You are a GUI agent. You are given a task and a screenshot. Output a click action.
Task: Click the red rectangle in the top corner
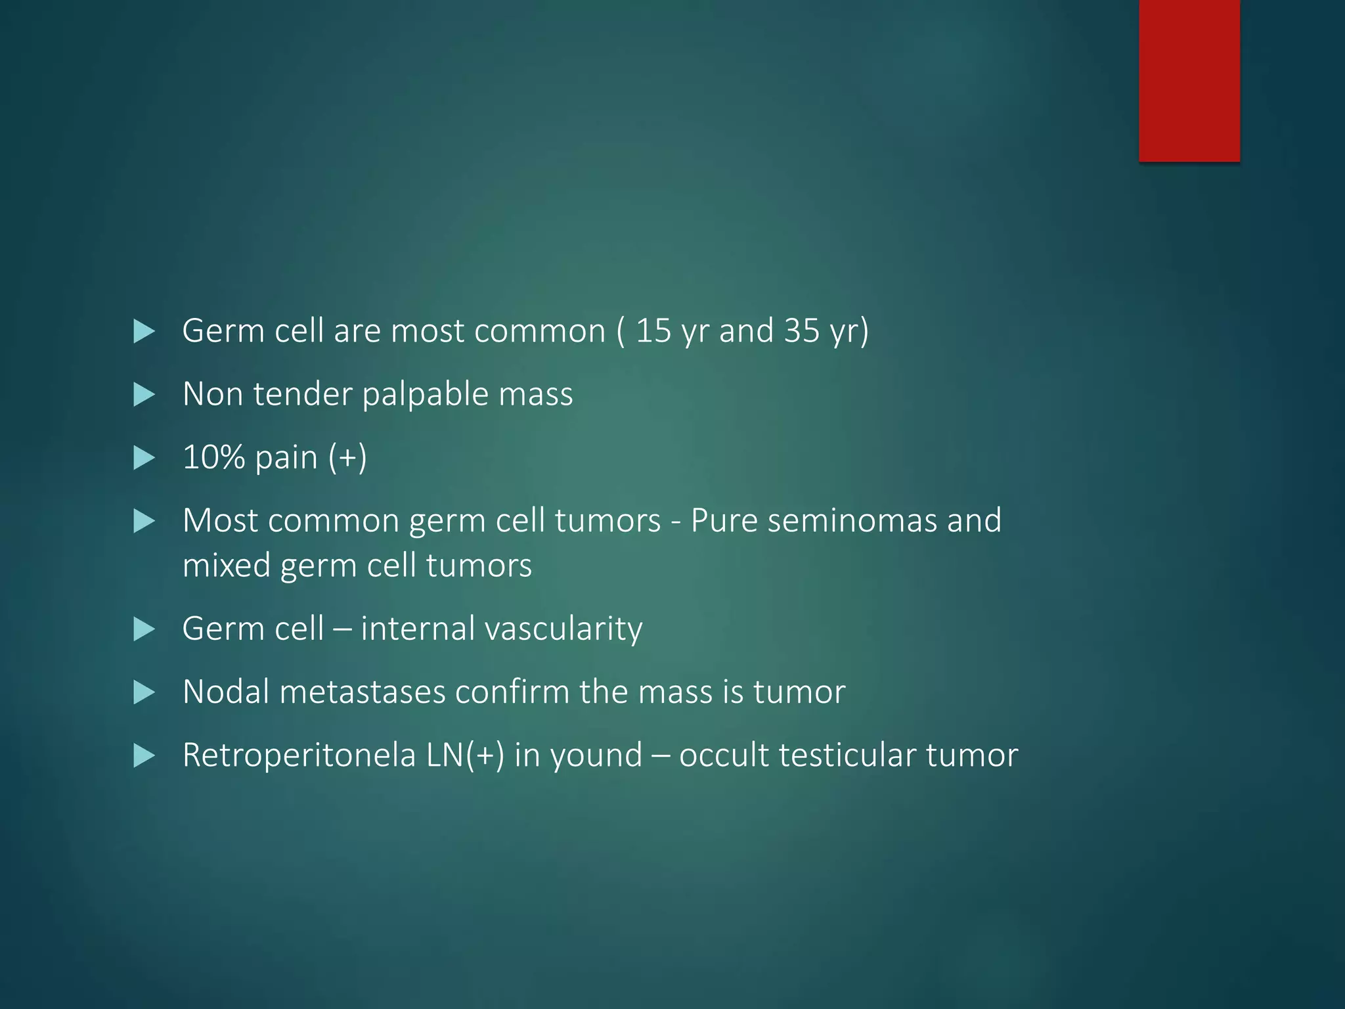[x=1189, y=80]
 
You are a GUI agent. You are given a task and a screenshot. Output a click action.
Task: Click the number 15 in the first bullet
[x=653, y=330]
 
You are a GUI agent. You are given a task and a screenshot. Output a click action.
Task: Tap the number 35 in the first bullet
[x=802, y=330]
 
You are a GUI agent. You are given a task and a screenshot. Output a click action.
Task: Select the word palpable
[x=424, y=395]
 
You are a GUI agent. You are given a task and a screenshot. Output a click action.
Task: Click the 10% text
[x=213, y=457]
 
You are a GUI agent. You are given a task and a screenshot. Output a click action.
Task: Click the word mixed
[x=226, y=566]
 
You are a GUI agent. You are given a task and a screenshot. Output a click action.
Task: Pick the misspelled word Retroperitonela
[x=299, y=755]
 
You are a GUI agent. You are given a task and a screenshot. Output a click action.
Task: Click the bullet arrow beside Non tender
[x=144, y=395]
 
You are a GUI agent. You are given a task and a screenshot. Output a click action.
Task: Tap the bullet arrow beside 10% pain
[x=144, y=458]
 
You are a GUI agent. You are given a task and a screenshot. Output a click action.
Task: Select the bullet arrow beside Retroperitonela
[x=144, y=755]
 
